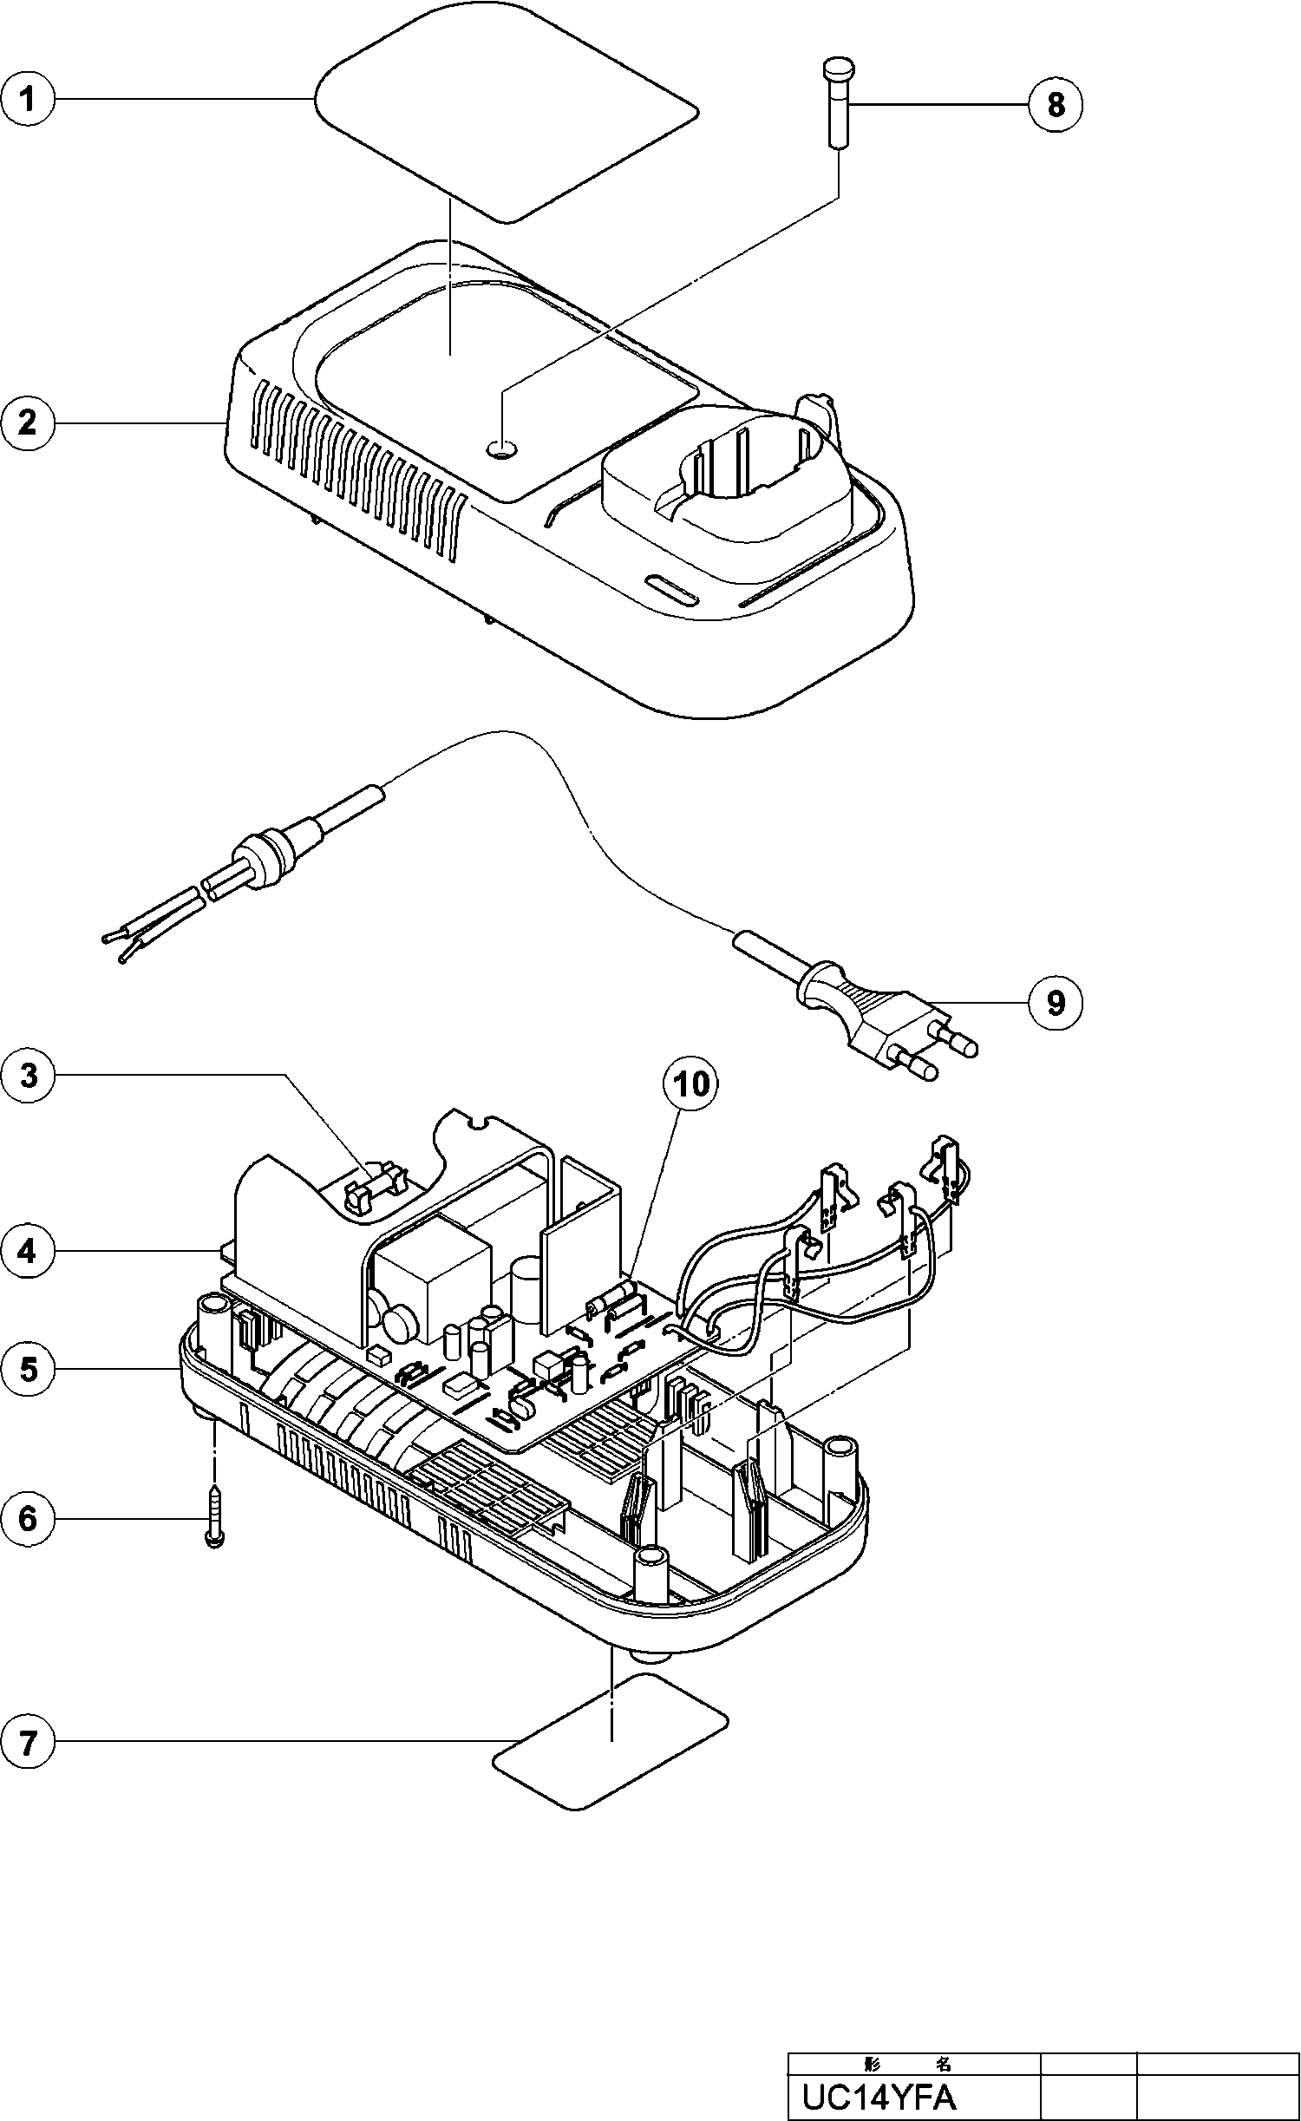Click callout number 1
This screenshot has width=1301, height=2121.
click(28, 100)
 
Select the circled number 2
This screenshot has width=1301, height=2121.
click(28, 423)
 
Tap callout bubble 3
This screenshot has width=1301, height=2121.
click(28, 1076)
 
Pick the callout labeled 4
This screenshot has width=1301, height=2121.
click(28, 1252)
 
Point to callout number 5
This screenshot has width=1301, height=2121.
click(28, 1370)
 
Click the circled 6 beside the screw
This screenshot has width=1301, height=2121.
click(28, 1519)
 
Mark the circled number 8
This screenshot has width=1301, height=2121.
click(1055, 104)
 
